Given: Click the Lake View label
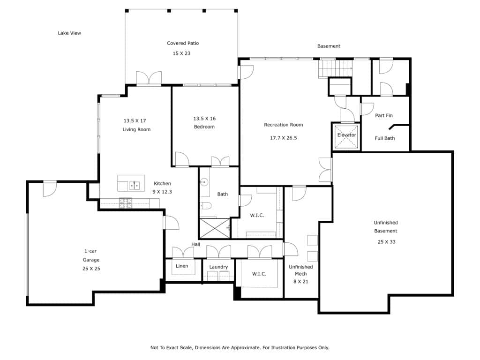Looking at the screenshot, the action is [x=69, y=33].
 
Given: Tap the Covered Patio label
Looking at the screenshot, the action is [x=183, y=43].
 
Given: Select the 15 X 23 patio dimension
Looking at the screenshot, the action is [x=181, y=53].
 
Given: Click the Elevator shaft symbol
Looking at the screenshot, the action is [x=346, y=136].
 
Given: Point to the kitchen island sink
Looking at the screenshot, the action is [x=134, y=185].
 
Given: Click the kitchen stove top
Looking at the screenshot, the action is [x=126, y=203].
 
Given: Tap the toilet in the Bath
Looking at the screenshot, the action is [x=206, y=206].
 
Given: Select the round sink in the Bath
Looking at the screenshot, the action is [x=204, y=182].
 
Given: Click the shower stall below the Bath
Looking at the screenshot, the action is [x=214, y=228].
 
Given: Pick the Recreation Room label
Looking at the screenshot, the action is [x=284, y=125].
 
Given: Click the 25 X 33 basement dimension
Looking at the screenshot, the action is [x=386, y=242].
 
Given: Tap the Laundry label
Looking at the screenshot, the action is [x=218, y=267].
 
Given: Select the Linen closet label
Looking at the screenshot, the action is [x=182, y=266].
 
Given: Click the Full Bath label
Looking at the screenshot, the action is [x=385, y=138].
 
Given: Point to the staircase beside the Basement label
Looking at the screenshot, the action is [x=335, y=68].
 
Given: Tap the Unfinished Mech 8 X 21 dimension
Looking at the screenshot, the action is [x=301, y=282].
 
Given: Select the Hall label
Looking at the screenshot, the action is [x=195, y=244].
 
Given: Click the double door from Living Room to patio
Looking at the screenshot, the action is [x=149, y=78].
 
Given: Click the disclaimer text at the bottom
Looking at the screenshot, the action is [x=240, y=347].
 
